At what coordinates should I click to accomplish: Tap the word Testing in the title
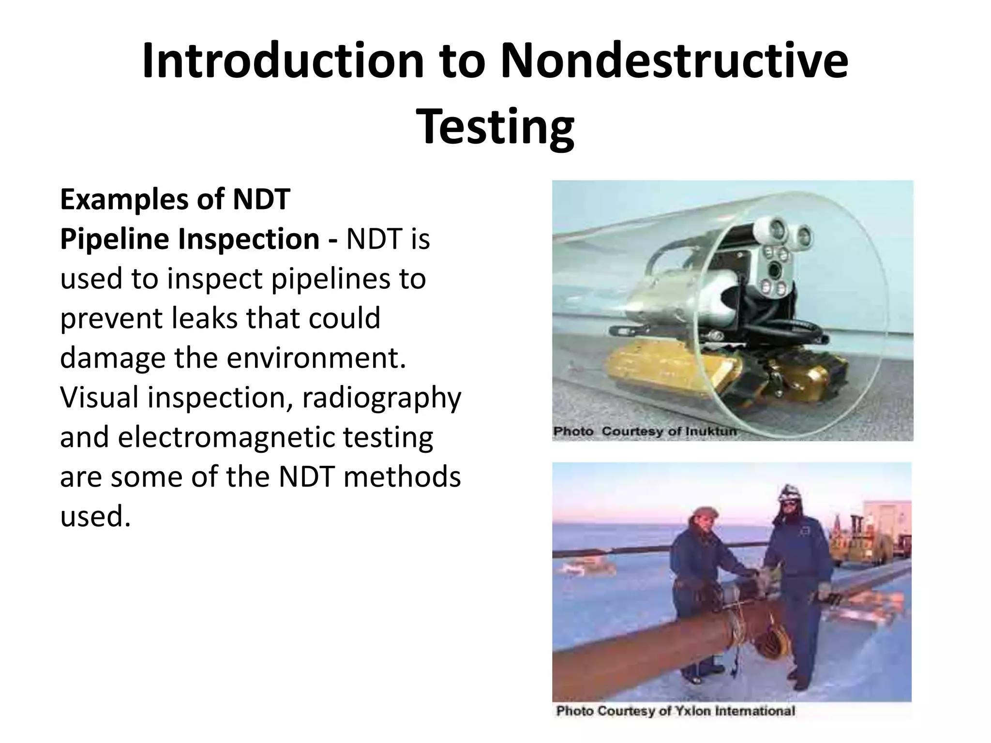pos(495,127)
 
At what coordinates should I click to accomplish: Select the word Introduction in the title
pos(283,61)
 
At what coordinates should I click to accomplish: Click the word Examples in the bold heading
pos(124,199)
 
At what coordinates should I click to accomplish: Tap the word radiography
pos(381,398)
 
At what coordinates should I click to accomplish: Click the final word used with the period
pos(95,517)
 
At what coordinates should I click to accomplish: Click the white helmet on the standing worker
pos(790,493)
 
